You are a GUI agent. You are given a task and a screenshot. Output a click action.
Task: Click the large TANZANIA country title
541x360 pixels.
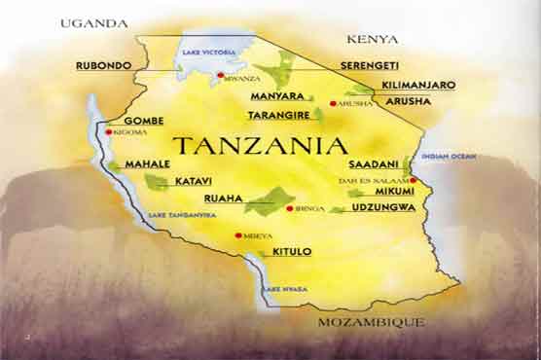tap(260, 146)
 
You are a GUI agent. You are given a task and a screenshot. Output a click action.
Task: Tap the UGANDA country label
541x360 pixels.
tap(93, 22)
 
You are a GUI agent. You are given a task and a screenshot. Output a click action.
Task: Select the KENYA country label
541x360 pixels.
tap(373, 39)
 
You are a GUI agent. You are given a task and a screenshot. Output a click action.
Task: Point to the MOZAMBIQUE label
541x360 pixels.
tap(372, 321)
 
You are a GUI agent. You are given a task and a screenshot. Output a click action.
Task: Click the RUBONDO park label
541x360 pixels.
tap(102, 66)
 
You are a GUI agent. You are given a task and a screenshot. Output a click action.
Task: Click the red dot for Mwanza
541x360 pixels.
tap(221, 75)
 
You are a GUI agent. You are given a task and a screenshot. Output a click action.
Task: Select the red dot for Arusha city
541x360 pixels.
tap(333, 103)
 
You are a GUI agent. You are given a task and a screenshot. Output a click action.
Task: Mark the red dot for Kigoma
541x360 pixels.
tap(108, 131)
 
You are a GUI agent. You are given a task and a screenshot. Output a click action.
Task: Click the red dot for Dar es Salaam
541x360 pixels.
tap(414, 180)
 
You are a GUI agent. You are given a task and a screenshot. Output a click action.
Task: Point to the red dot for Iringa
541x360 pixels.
tap(289, 207)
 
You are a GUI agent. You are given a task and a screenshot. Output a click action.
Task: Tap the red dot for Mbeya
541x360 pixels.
tap(238, 234)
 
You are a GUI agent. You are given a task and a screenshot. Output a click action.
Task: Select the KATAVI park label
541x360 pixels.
tap(194, 182)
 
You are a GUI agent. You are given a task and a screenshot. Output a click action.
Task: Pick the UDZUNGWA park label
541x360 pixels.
tap(383, 207)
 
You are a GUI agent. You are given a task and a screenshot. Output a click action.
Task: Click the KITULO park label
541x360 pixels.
tap(292, 252)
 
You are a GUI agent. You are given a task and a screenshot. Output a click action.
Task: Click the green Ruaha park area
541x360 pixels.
tap(270, 200)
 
